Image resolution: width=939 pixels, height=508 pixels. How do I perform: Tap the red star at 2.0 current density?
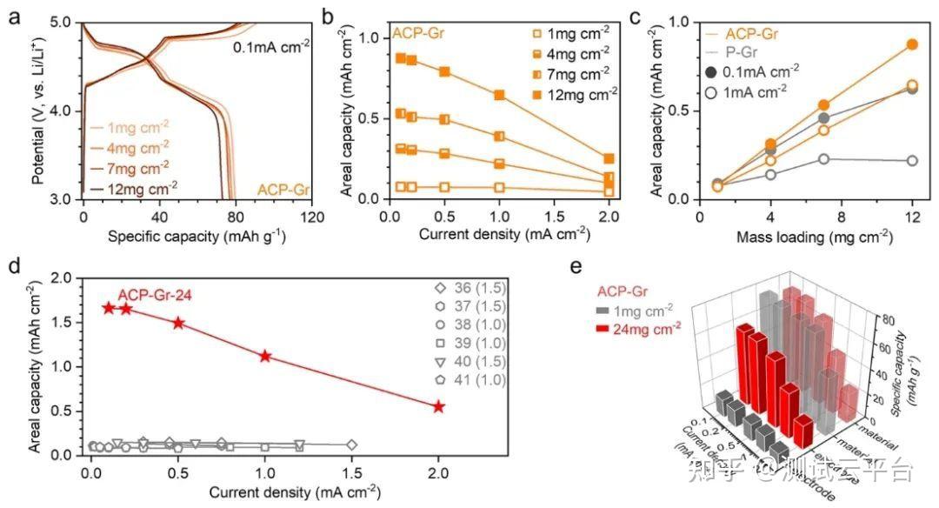coord(439,406)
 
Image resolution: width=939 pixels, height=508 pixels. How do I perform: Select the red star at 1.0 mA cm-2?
coord(265,355)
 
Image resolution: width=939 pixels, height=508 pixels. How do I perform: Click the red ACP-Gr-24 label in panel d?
coord(155,294)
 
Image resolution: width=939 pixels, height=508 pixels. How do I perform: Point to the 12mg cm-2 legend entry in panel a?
coord(130,184)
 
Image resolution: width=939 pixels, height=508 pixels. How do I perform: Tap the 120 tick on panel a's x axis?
coord(312,215)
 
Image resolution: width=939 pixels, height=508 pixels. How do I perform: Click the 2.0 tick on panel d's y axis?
coord(61,277)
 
